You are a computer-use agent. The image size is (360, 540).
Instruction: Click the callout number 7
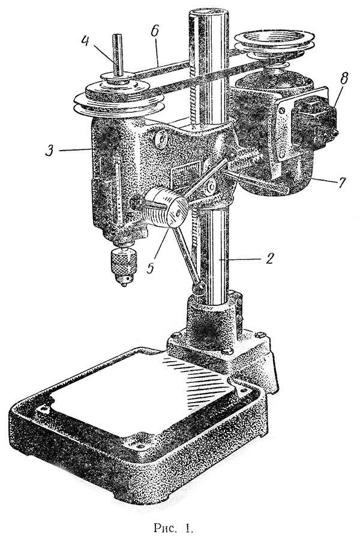point(341,182)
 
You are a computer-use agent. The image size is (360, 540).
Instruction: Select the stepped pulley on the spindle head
point(119,97)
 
